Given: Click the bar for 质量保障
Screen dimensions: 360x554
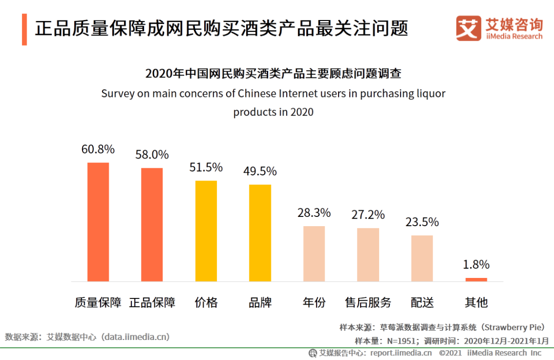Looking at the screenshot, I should (98, 222).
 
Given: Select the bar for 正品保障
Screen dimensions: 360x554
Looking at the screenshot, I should (152, 225).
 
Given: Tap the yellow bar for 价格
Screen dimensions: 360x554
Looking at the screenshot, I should (206, 231).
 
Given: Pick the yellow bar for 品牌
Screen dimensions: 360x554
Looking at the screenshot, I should (260, 233).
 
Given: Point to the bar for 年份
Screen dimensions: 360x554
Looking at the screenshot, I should (314, 253).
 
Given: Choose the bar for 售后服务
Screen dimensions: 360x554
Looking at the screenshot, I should (368, 254).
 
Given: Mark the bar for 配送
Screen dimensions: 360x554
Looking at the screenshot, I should (422, 258).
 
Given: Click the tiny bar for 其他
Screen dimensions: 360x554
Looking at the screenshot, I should (476, 279).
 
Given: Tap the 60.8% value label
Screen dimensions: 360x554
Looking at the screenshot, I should (98, 149).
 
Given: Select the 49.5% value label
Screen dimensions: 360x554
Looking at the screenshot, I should (260, 171).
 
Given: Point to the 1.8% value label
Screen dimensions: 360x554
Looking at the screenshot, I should (476, 265).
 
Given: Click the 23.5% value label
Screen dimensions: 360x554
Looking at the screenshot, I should (422, 222).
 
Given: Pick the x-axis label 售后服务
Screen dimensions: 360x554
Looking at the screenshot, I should (368, 303).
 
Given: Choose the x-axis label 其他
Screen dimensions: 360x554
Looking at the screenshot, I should (476, 303).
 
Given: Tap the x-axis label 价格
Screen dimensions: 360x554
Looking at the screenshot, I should (206, 303).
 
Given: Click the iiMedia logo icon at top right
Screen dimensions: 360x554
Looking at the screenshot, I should (468, 28).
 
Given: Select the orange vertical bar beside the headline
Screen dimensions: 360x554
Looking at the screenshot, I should (24, 29).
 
